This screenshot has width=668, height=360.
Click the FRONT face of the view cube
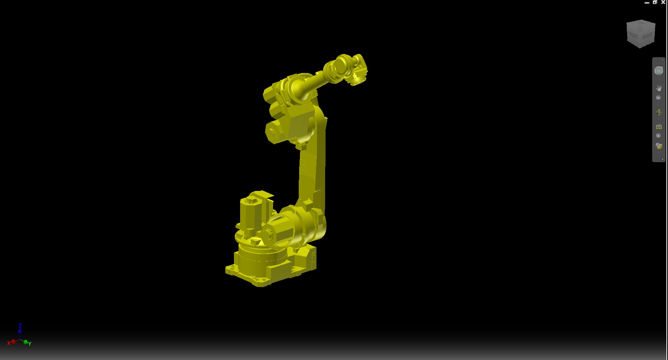click(633, 36)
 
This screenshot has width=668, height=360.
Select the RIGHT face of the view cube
click(647, 35)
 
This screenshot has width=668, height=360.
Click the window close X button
click(663, 2)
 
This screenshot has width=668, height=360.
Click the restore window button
click(655, 2)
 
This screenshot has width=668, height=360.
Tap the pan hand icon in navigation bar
click(659, 88)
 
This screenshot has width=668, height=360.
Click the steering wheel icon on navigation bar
click(659, 71)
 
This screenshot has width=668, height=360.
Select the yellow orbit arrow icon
click(659, 112)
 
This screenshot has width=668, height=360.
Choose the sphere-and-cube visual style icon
click(659, 146)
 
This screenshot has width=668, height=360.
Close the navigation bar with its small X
click(663, 60)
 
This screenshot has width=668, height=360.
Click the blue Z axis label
click(20, 326)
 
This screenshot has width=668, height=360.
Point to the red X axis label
click(9, 343)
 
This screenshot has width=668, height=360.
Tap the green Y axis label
click(30, 344)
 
